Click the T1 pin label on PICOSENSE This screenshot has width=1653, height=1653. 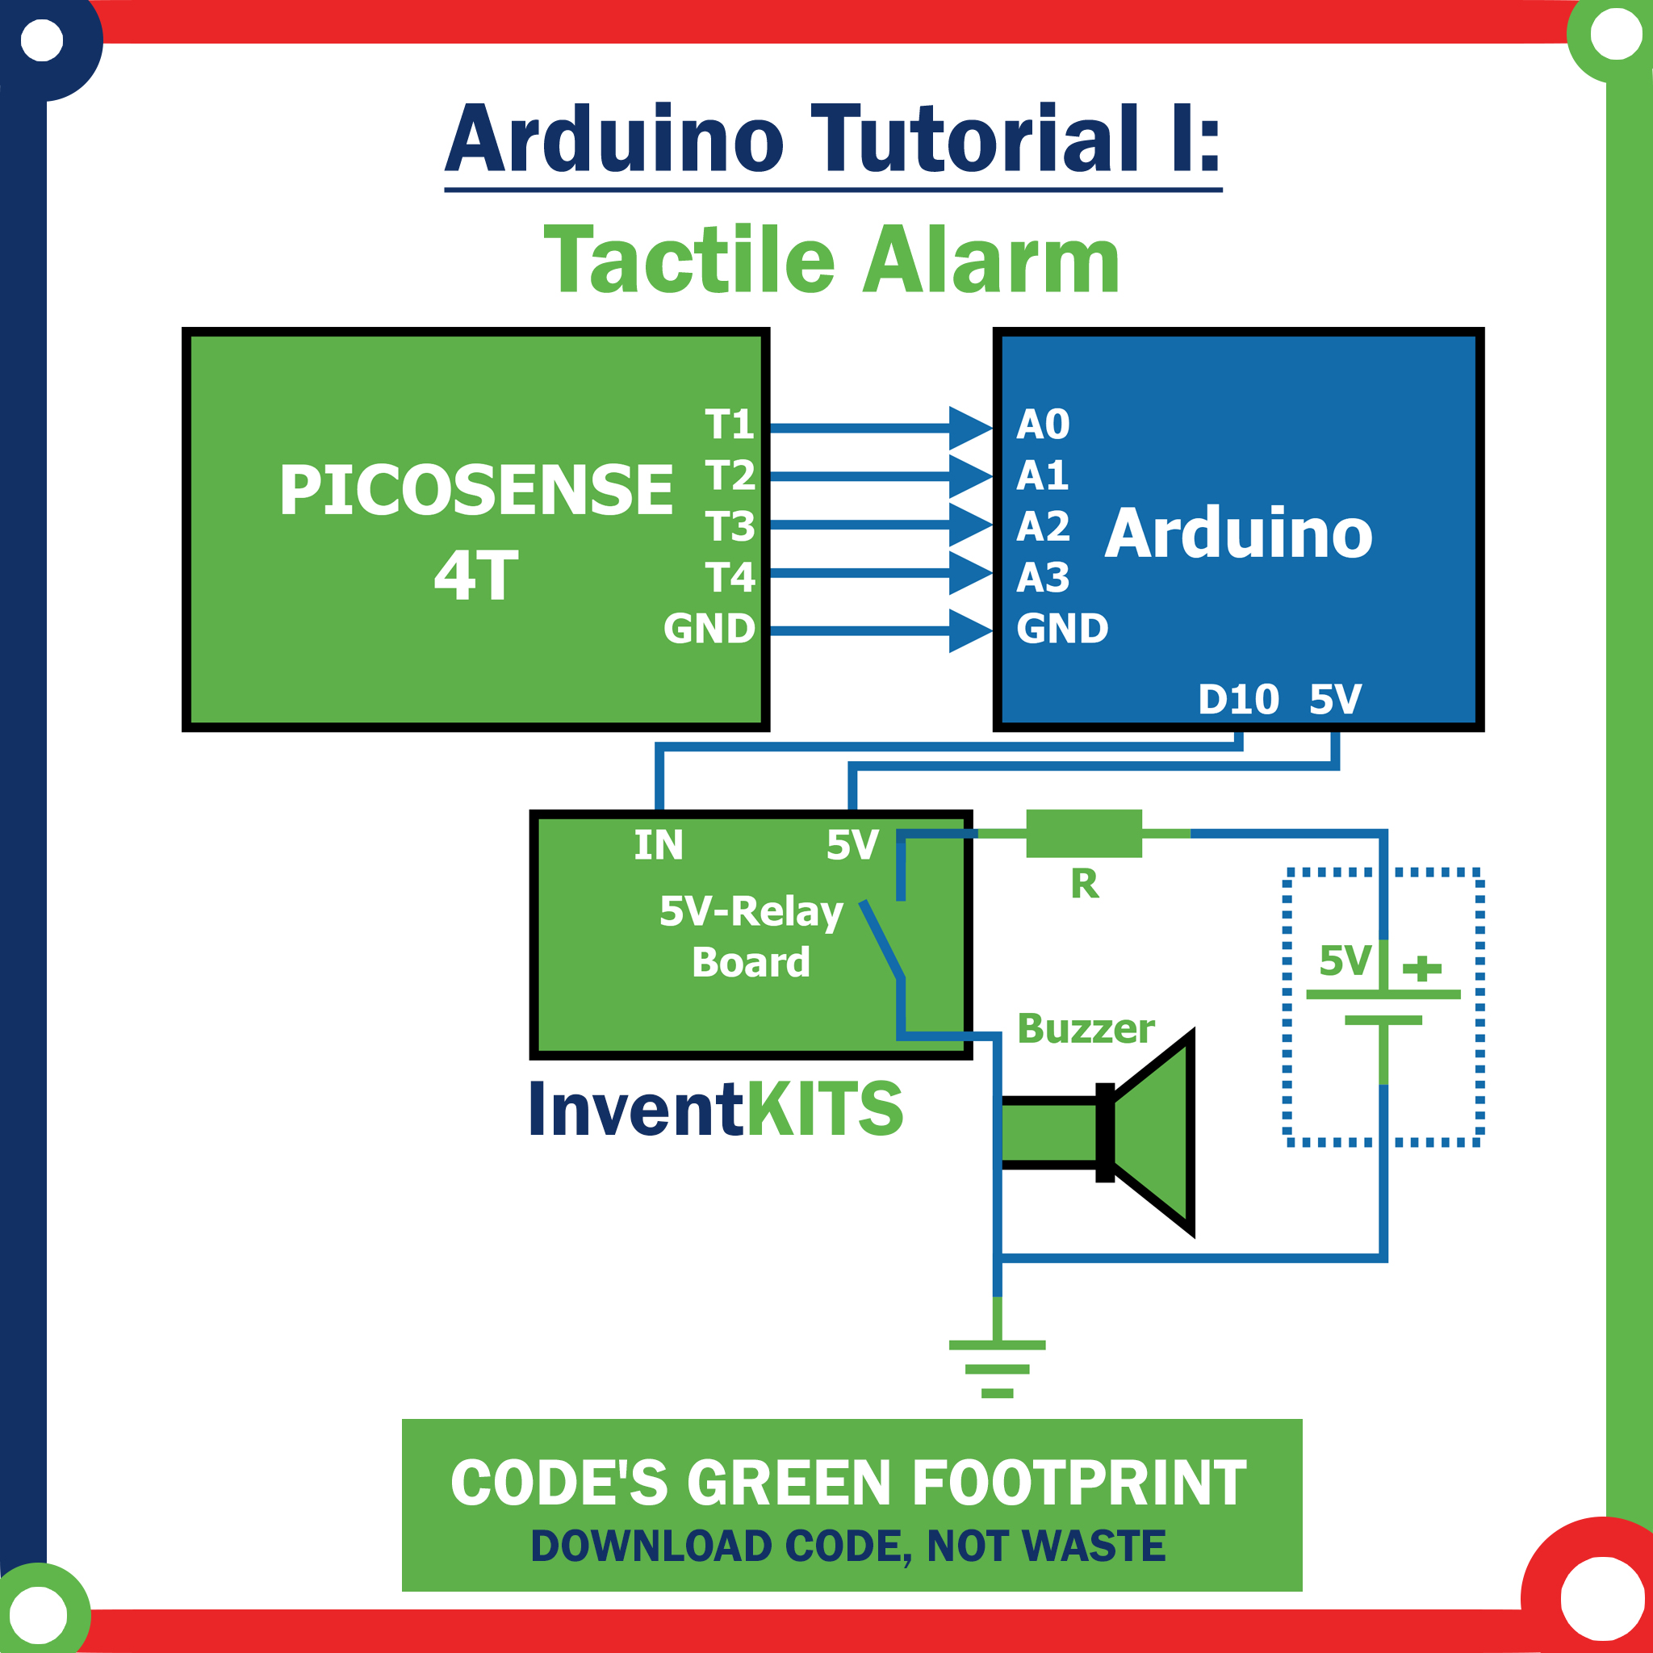729,425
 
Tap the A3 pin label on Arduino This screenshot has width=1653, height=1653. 1043,578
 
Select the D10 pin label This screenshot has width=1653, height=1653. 1239,700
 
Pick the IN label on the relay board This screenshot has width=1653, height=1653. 658,845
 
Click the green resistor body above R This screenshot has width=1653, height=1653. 1084,833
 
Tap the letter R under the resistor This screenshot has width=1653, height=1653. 1085,884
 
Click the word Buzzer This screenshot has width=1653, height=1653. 1086,1028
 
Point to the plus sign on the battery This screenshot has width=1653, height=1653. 1422,969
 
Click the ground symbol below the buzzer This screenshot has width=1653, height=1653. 998,1369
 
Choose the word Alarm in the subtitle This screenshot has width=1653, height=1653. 991,259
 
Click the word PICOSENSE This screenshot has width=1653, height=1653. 475,490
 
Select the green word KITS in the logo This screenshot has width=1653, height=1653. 825,1108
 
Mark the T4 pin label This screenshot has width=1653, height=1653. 730,578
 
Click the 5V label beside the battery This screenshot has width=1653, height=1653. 1345,960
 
